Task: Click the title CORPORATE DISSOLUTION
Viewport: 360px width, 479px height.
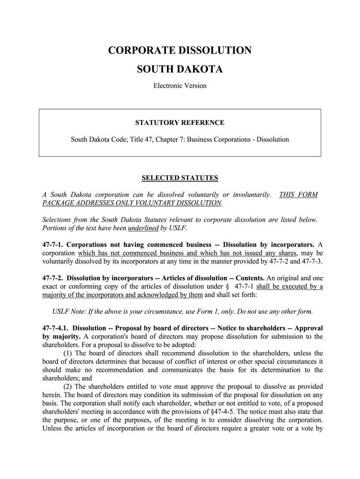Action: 180,51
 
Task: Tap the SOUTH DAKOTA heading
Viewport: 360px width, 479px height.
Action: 180,70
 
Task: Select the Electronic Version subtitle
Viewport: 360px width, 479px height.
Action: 180,86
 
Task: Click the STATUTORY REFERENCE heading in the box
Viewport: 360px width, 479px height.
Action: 180,123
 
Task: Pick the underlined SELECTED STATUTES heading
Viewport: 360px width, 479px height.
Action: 180,178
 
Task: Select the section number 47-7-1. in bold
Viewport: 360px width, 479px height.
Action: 53,245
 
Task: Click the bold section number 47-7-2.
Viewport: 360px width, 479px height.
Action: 53,278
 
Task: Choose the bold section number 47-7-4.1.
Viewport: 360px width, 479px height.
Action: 56,328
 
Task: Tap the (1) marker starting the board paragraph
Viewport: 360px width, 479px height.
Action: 67,353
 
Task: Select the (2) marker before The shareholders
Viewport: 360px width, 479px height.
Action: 67,387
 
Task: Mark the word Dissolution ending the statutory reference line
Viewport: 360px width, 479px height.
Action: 274,139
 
